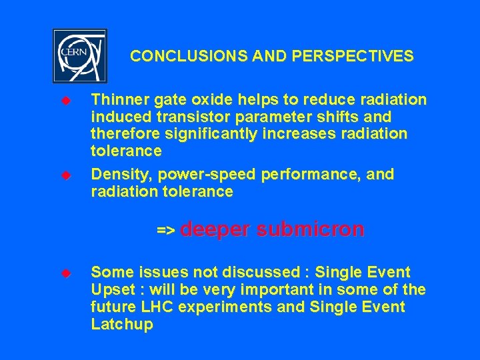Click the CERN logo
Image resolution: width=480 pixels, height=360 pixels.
coord(79,56)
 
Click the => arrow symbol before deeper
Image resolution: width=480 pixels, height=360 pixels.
coord(165,231)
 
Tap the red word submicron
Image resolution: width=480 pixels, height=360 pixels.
coord(310,229)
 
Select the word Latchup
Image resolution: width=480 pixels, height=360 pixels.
coord(122,325)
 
